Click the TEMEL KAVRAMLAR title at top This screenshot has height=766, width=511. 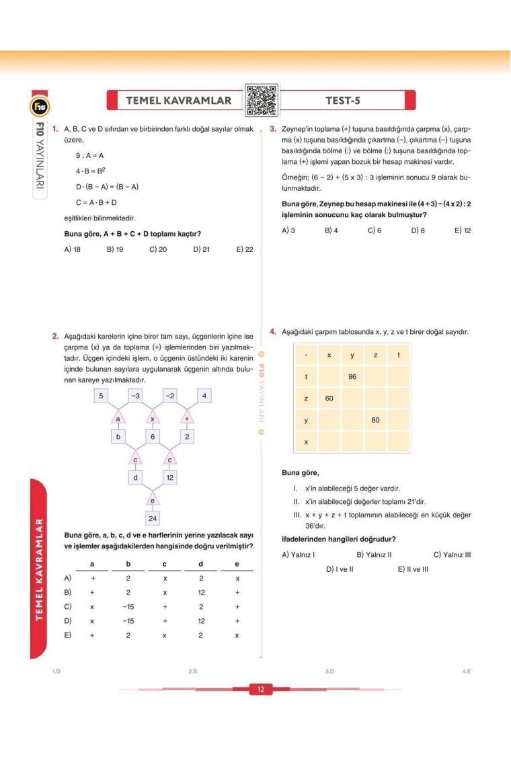click(x=178, y=101)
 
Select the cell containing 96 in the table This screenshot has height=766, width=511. click(x=352, y=377)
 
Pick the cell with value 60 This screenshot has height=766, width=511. click(x=329, y=398)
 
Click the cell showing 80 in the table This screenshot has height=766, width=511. click(x=375, y=421)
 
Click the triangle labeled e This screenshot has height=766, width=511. click(x=153, y=499)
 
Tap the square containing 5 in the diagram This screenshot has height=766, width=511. click(x=101, y=396)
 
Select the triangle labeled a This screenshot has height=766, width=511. click(x=118, y=419)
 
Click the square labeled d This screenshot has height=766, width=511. click(x=136, y=478)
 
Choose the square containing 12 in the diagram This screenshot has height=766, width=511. click(x=171, y=478)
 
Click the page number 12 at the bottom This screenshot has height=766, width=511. click(x=260, y=689)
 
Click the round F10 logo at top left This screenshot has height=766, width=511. click(x=37, y=106)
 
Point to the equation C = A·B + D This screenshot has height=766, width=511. click(x=97, y=202)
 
